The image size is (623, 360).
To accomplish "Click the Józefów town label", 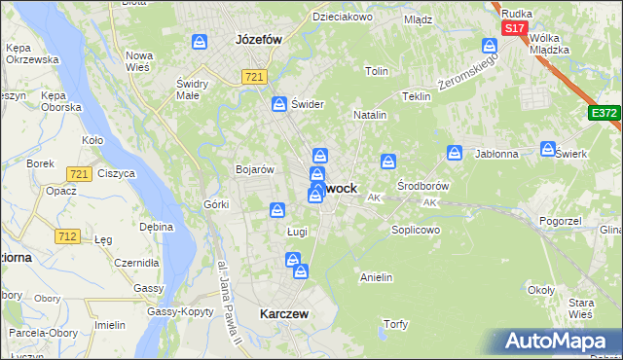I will point(258,41).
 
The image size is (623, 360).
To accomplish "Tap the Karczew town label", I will point(284,314).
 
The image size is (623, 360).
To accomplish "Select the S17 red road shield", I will point(515,29).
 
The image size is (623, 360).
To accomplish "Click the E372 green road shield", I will point(604,114).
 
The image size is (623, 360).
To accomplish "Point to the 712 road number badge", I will point(67,235).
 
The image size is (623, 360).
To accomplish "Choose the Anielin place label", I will point(376,277).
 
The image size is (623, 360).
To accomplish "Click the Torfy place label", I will point(395,324).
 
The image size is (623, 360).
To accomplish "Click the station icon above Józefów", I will point(200,42).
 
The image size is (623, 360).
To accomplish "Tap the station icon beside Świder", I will point(279,103).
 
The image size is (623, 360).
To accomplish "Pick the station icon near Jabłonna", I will point(455,152).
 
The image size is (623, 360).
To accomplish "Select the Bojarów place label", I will point(252,168).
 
